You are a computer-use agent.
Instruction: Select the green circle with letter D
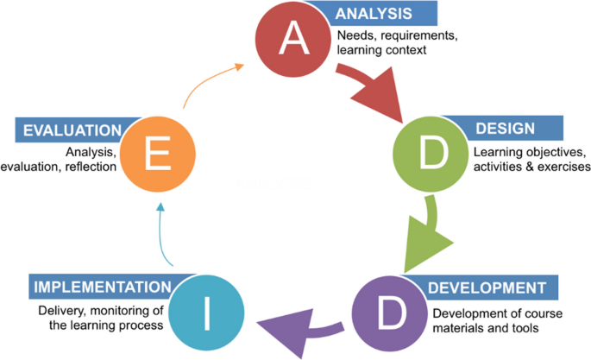pyautogui.click(x=430, y=155)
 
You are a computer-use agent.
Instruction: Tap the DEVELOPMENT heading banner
pyautogui.click(x=487, y=287)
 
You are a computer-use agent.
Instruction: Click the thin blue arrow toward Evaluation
pyautogui.click(x=161, y=230)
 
